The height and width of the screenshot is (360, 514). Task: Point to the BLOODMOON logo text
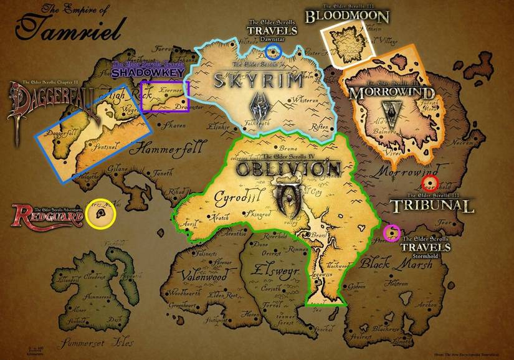pos(346,16)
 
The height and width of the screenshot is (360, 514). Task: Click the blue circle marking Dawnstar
pos(274,50)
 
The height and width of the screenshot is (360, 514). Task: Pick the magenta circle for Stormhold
pos(392,233)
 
